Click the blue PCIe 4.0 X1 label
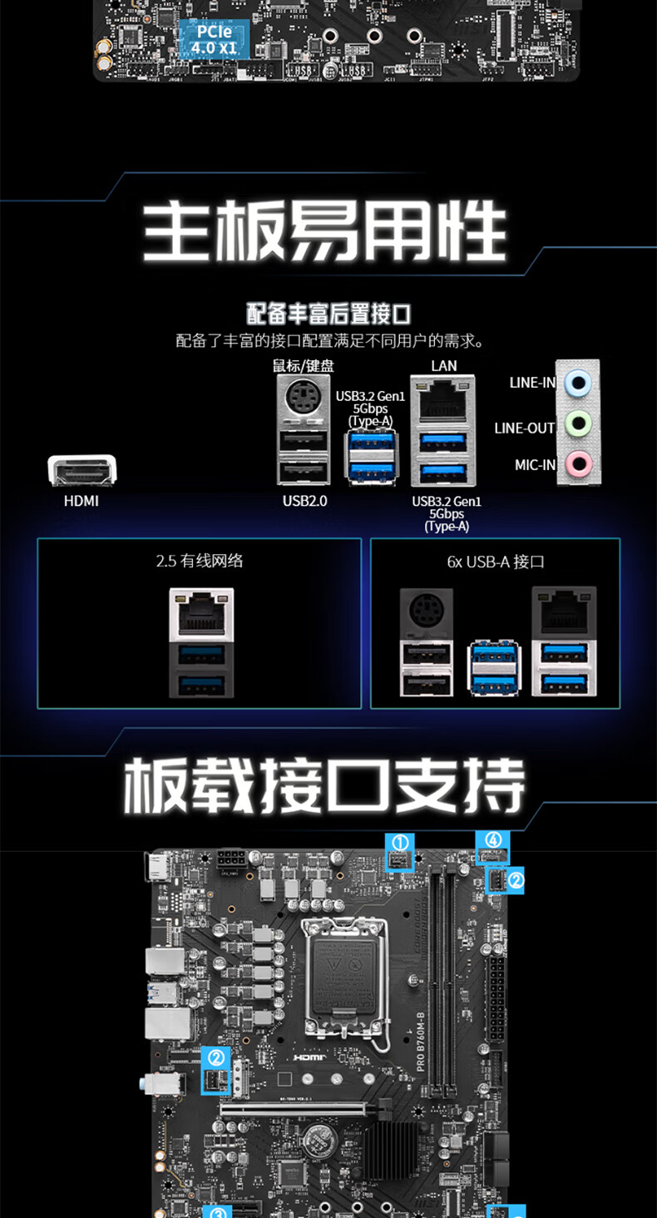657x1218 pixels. [x=215, y=39]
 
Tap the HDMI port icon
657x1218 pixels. [x=82, y=471]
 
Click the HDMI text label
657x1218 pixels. [x=82, y=501]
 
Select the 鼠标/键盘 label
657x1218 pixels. [x=304, y=365]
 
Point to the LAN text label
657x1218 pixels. [x=444, y=365]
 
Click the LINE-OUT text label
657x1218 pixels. [x=524, y=428]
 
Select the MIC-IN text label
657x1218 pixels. [x=535, y=464]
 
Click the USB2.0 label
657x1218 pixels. [x=305, y=501]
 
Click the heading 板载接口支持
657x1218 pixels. [x=325, y=785]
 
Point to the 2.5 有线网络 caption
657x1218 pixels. [x=200, y=561]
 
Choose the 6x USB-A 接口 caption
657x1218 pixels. [x=496, y=562]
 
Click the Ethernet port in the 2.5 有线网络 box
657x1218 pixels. [x=201, y=615]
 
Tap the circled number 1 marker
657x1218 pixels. [x=400, y=842]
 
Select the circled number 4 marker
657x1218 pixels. [x=492, y=840]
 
